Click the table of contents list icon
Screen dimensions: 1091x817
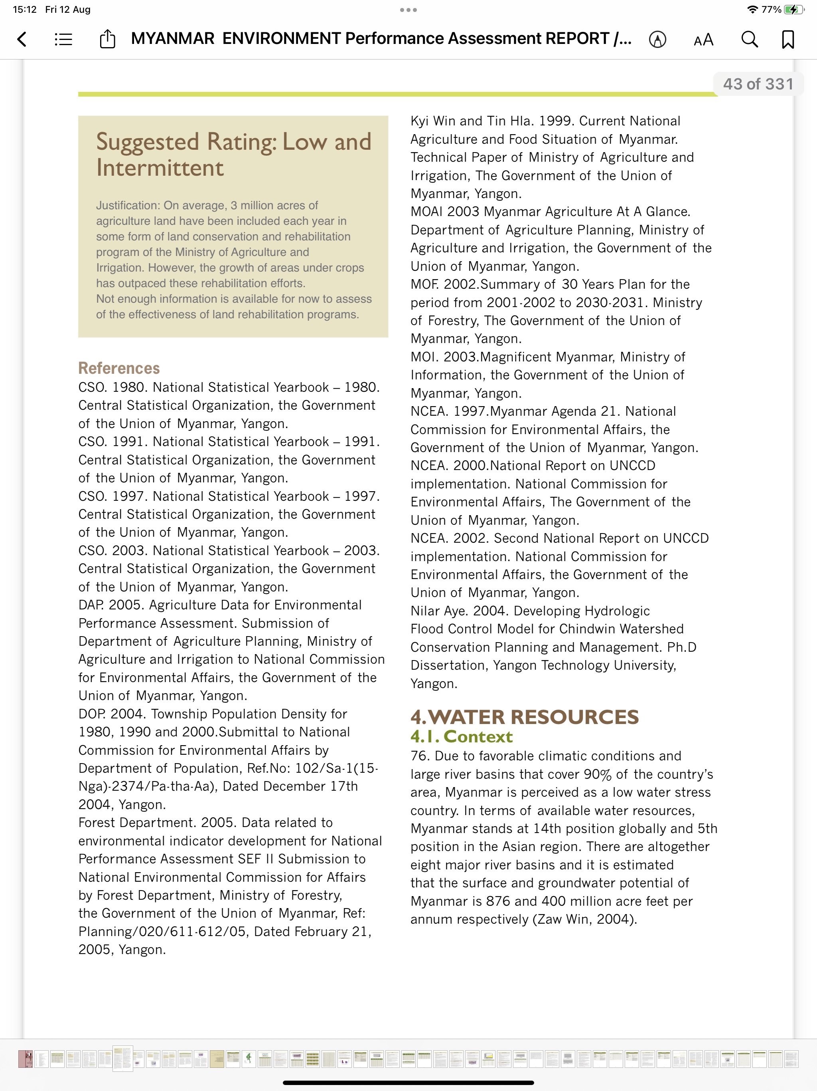[x=63, y=40]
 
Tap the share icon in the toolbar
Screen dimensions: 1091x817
[x=107, y=39]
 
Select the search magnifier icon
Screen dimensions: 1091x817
[x=750, y=40]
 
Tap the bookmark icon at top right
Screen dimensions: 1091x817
[x=788, y=40]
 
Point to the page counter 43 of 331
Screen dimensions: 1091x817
[x=758, y=84]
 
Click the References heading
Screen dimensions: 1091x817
[x=119, y=368]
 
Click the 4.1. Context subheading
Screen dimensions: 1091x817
[x=461, y=736]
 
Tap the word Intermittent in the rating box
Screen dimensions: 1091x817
[x=160, y=168]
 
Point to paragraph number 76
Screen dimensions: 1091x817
[x=419, y=756]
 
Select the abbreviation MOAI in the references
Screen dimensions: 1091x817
[x=427, y=212]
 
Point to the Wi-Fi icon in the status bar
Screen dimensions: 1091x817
[x=752, y=9]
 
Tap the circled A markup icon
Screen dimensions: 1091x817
[x=657, y=40]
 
